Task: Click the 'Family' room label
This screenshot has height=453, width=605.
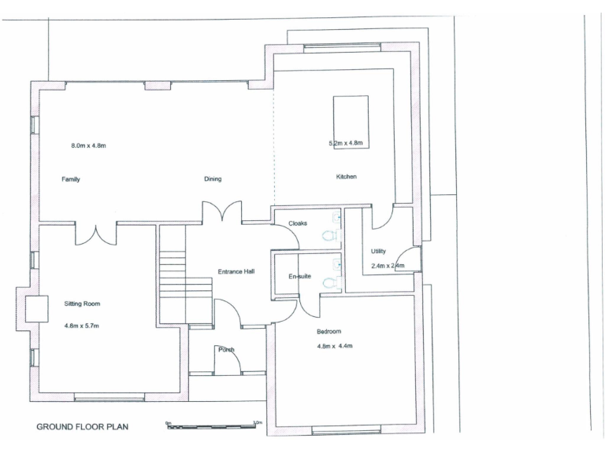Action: (71, 179)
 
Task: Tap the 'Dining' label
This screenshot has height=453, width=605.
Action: (213, 179)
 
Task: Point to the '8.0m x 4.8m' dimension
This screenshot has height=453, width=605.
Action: (88, 145)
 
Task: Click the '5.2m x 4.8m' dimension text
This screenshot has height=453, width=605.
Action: (345, 143)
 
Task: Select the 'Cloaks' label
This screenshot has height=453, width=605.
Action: (308, 223)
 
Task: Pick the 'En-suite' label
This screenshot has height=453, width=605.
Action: (300, 277)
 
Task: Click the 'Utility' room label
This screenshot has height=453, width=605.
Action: (379, 251)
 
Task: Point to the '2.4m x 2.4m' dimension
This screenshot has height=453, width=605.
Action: (387, 266)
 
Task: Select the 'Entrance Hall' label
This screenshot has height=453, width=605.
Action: (236, 272)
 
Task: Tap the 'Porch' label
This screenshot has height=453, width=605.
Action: (227, 350)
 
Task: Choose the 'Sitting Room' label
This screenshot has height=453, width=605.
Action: (82, 303)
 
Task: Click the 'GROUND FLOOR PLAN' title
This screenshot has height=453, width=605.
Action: (83, 428)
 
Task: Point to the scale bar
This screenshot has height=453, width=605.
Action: (213, 425)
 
